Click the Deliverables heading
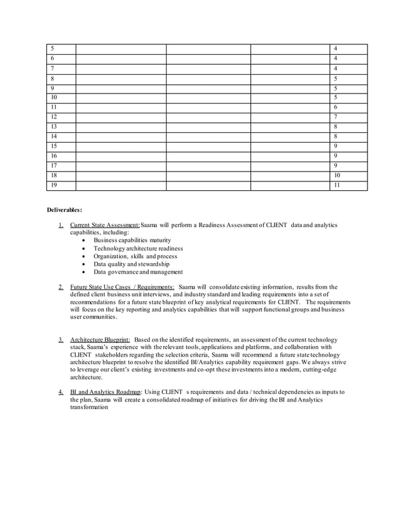(x=65, y=210)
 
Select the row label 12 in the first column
(x=54, y=117)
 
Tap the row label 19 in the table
(x=54, y=185)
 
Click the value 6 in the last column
(x=336, y=107)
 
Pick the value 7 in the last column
(x=336, y=117)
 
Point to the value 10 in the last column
(x=337, y=176)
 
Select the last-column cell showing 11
(x=337, y=185)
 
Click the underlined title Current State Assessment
(x=105, y=224)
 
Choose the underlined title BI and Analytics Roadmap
(x=106, y=392)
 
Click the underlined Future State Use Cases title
(x=122, y=287)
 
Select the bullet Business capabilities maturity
(x=132, y=240)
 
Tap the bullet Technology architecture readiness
(x=138, y=248)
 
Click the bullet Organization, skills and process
(x=135, y=256)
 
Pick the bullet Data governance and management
(x=138, y=272)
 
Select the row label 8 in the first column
(x=52, y=79)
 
